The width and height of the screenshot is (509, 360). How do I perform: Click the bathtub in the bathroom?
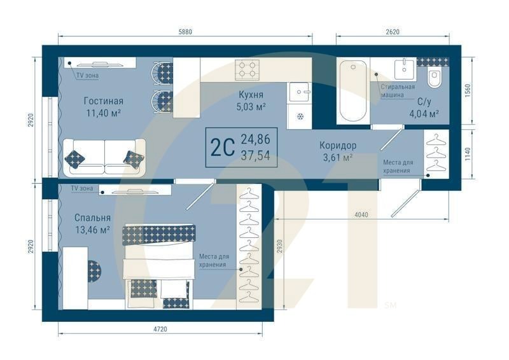pos(353,90)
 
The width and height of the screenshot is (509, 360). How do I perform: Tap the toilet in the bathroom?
pos(435,80)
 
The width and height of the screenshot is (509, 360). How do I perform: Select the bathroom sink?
pos(403,68)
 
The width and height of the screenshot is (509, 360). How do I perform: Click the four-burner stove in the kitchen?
pos(248,68)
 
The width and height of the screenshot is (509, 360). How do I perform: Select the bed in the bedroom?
pos(159,261)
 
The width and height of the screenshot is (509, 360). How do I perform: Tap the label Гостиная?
pos(103,100)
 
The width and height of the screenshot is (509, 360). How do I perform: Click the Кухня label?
pos(251,95)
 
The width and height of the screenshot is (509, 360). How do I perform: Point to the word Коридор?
pos(338,145)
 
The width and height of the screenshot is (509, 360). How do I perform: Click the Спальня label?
pos(92,218)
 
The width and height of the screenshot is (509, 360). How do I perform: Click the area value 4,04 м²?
pos(424,114)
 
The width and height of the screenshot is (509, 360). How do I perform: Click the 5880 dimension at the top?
pos(185,32)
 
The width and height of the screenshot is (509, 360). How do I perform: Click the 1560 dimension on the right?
pos(468,90)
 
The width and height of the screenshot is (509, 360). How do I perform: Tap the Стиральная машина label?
pos(398,90)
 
